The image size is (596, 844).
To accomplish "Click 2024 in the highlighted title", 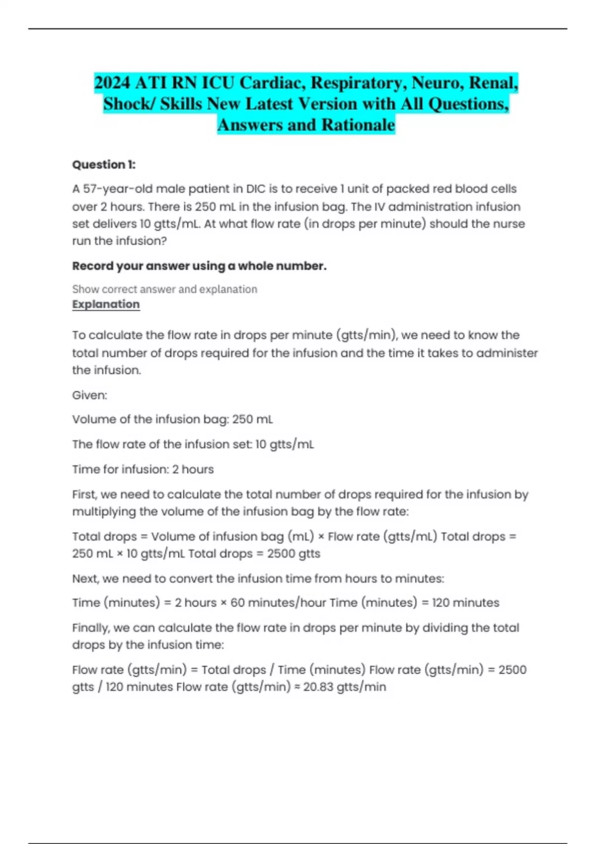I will (113, 82).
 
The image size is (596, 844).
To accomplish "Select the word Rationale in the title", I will (358, 125).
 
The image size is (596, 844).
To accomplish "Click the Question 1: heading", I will (104, 165).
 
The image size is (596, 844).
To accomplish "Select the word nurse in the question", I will (510, 224).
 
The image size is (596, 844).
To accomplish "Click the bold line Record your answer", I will (199, 266).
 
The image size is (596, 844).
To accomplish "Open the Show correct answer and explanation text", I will (164, 289).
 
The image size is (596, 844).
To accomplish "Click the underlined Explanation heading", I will (106, 304).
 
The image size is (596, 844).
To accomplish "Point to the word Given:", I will (89, 395).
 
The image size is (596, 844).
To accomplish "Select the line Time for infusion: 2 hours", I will (143, 470).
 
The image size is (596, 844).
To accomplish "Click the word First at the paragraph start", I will (85, 494).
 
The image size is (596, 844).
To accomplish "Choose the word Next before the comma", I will (85, 579).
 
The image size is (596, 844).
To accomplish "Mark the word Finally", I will (91, 628).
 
